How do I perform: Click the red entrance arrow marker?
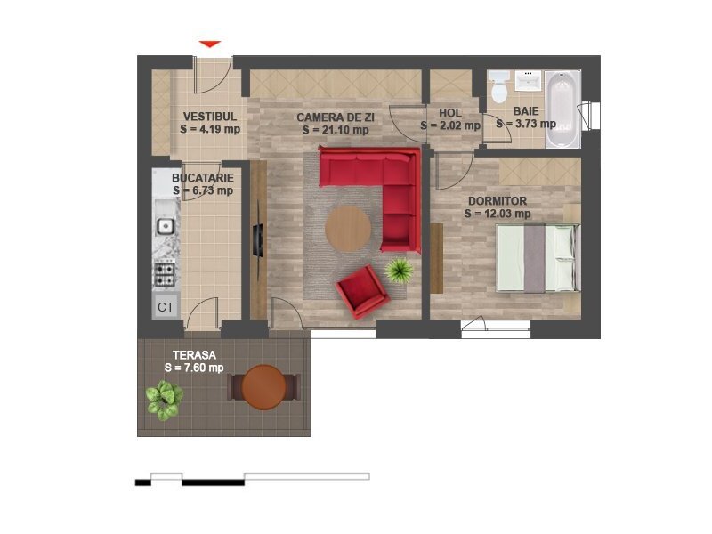tap(210, 44)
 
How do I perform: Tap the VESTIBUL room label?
tap(210, 117)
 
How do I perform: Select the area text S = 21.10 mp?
tap(336, 130)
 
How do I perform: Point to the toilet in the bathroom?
tap(499, 87)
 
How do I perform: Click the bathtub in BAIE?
tap(563, 109)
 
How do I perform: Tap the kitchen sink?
tap(166, 226)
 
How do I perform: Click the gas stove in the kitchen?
tap(165, 273)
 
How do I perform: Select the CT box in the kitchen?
tap(166, 307)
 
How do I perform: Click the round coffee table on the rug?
tap(348, 229)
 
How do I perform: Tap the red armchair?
tap(362, 292)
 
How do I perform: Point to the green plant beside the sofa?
tap(399, 271)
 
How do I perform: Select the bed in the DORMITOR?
tap(538, 257)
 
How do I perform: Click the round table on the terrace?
tap(263, 387)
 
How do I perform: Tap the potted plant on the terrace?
tap(165, 400)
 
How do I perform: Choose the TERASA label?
tap(194, 355)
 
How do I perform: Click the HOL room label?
tap(450, 113)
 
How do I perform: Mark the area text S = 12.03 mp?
tap(498, 214)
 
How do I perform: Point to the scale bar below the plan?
tap(253, 479)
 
